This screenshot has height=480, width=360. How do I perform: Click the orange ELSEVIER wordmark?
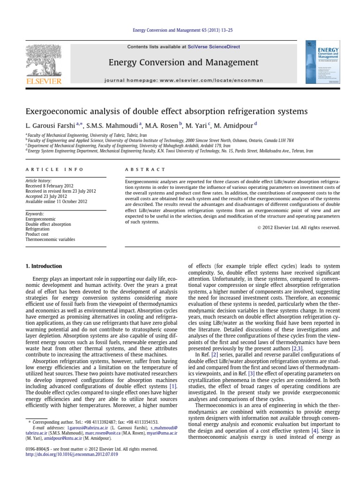coord(43,82)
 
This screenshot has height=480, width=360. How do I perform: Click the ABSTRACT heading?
coord(145,169)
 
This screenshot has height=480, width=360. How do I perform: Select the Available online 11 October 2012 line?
coord(56,202)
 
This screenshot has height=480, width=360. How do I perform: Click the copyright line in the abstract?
coord(298,228)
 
